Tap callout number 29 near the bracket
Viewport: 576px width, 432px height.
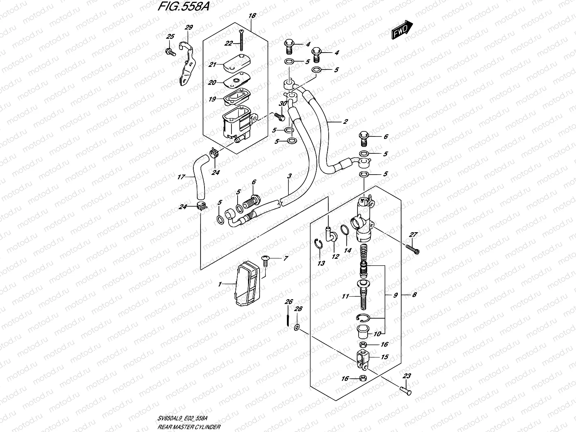click(189, 27)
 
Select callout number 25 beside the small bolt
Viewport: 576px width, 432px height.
click(170, 36)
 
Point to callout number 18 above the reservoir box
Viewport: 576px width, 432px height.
click(252, 15)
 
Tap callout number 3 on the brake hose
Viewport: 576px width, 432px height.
click(289, 176)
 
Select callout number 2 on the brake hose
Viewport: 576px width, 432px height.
click(345, 121)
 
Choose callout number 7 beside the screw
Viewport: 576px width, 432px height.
click(285, 258)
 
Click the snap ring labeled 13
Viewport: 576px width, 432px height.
click(318, 244)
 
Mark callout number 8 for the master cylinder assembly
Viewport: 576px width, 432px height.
click(414, 295)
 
